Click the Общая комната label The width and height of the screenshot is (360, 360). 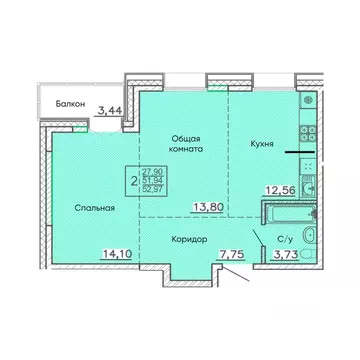click(186, 143)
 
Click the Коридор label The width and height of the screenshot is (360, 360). click(189, 240)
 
